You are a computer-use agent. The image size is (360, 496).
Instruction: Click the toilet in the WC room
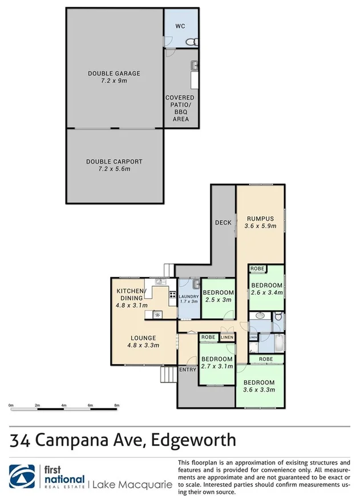[193, 41]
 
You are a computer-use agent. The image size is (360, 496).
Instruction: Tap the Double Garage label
[114, 74]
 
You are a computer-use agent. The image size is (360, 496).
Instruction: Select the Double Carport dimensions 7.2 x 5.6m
[114, 169]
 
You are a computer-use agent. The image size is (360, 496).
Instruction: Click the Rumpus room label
[261, 218]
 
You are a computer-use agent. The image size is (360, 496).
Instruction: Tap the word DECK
[223, 222]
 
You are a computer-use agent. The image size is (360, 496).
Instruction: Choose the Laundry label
[188, 296]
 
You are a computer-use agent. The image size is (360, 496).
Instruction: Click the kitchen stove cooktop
[172, 295]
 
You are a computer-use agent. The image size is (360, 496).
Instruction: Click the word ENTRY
[187, 370]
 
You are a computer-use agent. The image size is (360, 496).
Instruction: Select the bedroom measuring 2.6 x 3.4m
[266, 289]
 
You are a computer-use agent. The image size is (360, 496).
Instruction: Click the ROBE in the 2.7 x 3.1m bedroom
[208, 338]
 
